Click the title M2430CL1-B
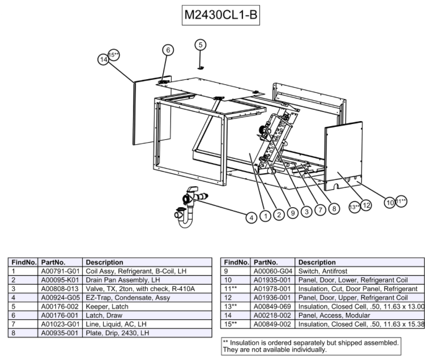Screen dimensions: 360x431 [x=221, y=15]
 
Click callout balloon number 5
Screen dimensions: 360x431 [x=202, y=45]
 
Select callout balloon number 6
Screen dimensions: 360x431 [x=168, y=50]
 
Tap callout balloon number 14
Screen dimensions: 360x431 [x=104, y=59]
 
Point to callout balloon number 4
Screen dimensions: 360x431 [x=250, y=216]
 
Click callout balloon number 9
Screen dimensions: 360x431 [x=293, y=213]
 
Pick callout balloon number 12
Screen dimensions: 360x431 [x=366, y=205]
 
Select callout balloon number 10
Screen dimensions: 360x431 [x=390, y=202]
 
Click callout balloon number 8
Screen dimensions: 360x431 [x=334, y=209]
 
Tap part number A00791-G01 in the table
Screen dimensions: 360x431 [x=59, y=272]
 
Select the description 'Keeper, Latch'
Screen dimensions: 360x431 [x=108, y=306]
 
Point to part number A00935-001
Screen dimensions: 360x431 [x=59, y=332]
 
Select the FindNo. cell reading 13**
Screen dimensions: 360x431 [x=233, y=306]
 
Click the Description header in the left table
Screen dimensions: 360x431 [x=104, y=263]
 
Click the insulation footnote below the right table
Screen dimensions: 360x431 [x=310, y=346]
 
